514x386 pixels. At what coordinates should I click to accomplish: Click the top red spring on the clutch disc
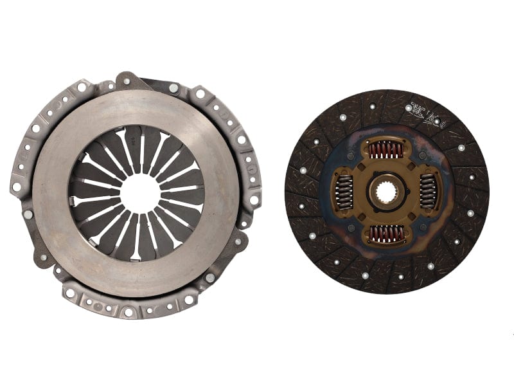pos(385,150)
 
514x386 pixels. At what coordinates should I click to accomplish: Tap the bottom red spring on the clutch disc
pos(385,234)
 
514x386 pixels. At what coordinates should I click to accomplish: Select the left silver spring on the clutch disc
pos(344,192)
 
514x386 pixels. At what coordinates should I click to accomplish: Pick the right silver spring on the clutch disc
pos(429,192)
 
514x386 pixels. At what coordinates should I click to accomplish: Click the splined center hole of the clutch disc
pos(386,192)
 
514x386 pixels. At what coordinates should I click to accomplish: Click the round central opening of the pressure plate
pos(139,192)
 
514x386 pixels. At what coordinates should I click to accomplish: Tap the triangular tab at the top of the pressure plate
pos(127,80)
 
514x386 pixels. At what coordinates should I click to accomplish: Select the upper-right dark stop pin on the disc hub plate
pos(421,156)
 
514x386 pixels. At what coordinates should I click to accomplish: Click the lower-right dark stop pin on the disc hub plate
pos(421,227)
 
